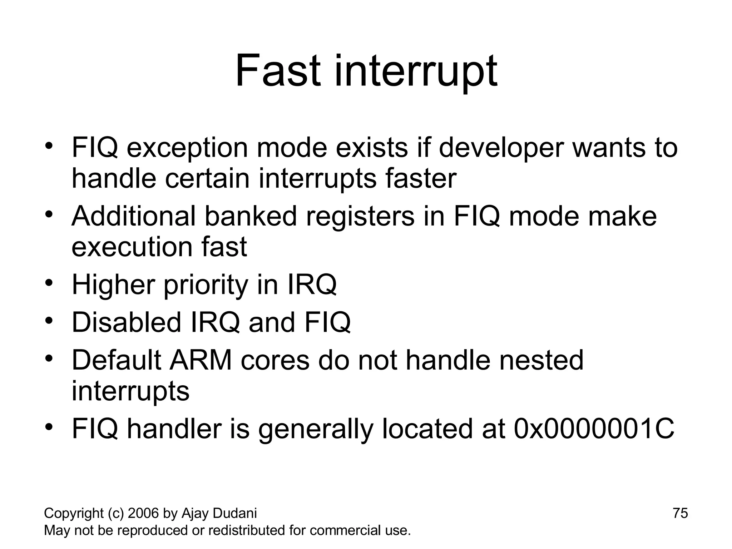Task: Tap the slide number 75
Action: [680, 513]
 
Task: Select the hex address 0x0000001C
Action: [594, 429]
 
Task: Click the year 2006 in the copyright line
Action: [143, 513]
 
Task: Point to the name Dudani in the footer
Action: [234, 513]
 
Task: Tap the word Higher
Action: [113, 285]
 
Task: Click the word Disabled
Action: [127, 322]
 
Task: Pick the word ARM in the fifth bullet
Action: [201, 360]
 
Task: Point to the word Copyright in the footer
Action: [74, 513]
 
